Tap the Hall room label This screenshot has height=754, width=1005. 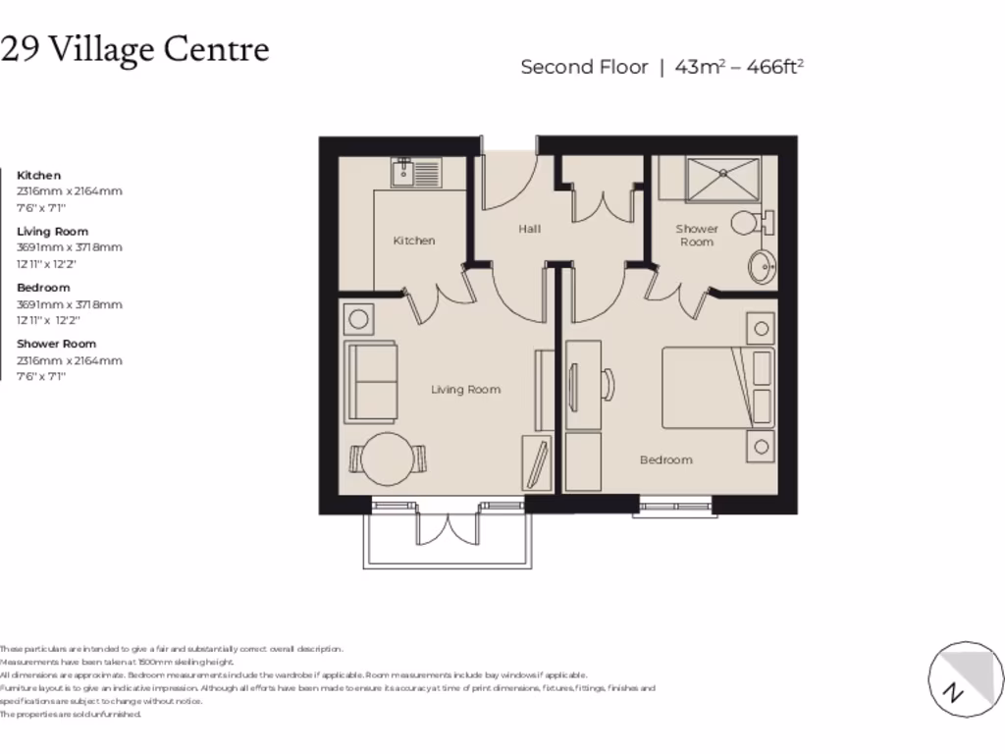529,229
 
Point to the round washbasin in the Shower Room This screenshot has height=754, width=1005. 760,266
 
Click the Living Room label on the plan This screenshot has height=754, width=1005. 465,390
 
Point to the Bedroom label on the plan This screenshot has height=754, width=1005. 665,459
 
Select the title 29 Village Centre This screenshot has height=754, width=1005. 135,49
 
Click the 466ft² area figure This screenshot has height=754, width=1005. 775,67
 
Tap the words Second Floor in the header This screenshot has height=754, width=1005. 584,67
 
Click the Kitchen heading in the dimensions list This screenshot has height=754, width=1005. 38,175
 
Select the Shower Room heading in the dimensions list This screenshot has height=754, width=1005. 56,344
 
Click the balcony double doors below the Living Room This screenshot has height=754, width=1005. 448,527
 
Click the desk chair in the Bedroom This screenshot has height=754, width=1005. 607,382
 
